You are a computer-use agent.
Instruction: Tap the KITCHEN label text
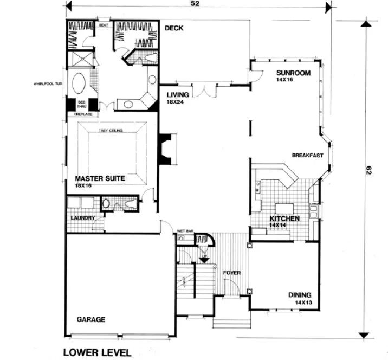click(284, 218)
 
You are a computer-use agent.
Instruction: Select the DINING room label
click(300, 295)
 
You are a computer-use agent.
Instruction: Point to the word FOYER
click(232, 273)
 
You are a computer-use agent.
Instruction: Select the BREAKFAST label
click(307, 156)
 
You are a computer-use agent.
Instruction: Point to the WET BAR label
click(185, 232)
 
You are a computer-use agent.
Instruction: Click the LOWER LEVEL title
click(97, 352)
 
